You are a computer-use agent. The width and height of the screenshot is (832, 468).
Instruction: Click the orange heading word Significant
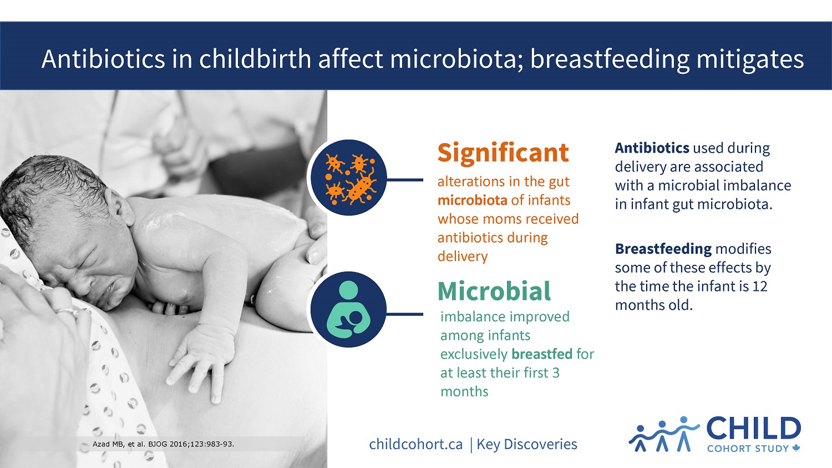(x=503, y=153)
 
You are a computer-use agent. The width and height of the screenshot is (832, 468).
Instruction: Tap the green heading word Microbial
(x=494, y=291)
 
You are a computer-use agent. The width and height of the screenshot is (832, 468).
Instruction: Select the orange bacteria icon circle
(x=348, y=178)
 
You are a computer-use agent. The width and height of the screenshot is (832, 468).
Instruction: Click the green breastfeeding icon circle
(x=348, y=310)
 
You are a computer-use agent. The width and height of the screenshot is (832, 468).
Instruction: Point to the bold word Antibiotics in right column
(x=652, y=148)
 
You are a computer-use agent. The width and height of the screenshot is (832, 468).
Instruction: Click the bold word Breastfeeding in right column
(x=663, y=249)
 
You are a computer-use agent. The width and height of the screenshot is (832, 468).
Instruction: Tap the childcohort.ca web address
(x=415, y=444)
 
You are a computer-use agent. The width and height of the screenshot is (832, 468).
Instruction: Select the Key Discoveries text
(x=527, y=444)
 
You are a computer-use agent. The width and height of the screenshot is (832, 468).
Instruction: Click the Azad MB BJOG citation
(x=163, y=444)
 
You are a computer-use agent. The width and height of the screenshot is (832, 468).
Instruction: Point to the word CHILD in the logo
(x=753, y=429)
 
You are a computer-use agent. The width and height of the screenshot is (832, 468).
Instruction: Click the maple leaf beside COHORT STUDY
(x=797, y=448)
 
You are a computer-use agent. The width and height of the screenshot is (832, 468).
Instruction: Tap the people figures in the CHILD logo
(x=663, y=434)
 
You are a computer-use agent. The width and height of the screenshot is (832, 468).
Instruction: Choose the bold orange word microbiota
(x=471, y=200)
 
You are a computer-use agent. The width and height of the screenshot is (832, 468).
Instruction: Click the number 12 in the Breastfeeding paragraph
(x=759, y=286)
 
